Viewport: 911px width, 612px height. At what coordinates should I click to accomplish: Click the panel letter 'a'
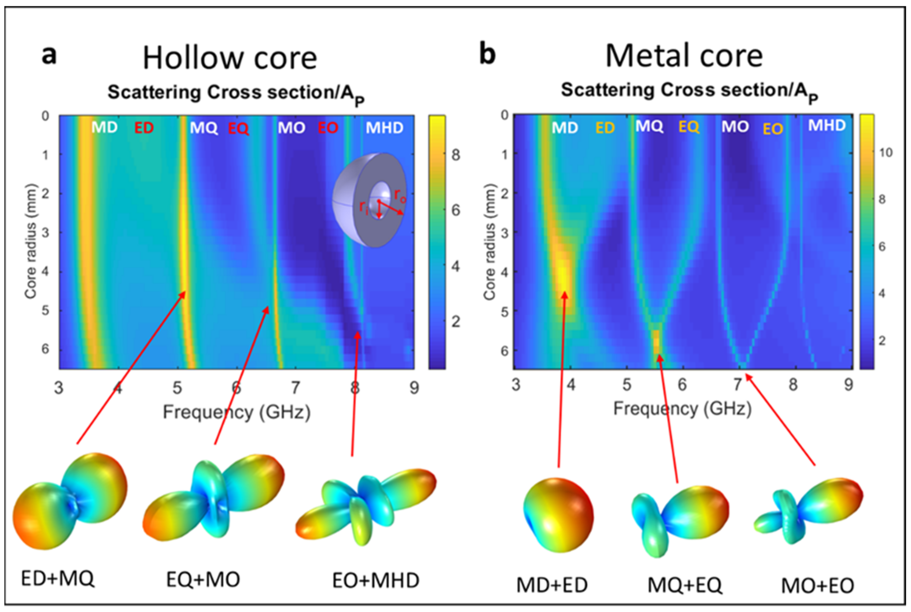pyautogui.click(x=49, y=56)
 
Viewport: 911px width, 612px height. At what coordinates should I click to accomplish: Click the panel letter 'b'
pyautogui.click(x=487, y=55)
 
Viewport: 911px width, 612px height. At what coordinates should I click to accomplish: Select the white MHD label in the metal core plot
pyautogui.click(x=826, y=126)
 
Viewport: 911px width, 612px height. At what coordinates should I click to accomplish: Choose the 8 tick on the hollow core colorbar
pyautogui.click(x=455, y=155)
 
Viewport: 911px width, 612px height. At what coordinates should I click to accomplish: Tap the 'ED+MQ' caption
pyautogui.click(x=58, y=579)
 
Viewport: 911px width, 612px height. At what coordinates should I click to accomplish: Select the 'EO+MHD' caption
pyautogui.click(x=375, y=581)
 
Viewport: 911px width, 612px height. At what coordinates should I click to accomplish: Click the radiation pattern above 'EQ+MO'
pyautogui.click(x=214, y=498)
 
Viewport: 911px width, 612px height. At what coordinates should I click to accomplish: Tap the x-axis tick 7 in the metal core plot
pyautogui.click(x=737, y=385)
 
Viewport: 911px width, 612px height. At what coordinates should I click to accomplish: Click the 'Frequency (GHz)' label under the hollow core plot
pyautogui.click(x=237, y=412)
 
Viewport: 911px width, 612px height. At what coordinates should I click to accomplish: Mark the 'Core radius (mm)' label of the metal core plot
pyautogui.click(x=490, y=242)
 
